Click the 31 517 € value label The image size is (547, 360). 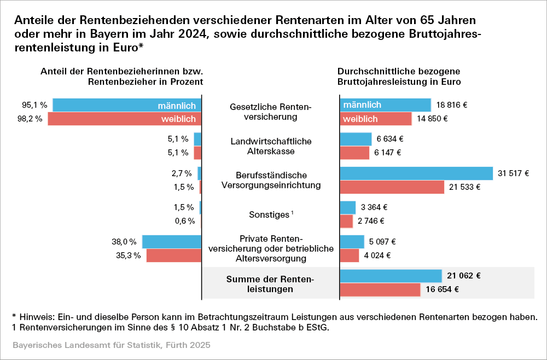(514, 173)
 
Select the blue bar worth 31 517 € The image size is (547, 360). (416, 173)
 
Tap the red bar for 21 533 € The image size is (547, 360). (392, 187)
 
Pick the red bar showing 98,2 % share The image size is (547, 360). (125, 119)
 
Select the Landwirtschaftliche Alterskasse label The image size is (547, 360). (271, 146)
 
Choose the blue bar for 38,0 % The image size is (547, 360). (172, 242)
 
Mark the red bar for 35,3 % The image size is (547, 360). (174, 256)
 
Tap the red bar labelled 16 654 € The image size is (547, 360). (380, 289)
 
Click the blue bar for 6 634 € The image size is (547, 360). (356, 139)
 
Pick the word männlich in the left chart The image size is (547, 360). (177, 105)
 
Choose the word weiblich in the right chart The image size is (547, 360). (360, 119)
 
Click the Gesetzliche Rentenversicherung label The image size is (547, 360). (271, 112)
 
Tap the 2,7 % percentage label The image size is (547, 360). (182, 173)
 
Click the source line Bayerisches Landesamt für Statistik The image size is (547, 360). (112, 346)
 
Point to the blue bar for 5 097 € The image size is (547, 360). (352, 242)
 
